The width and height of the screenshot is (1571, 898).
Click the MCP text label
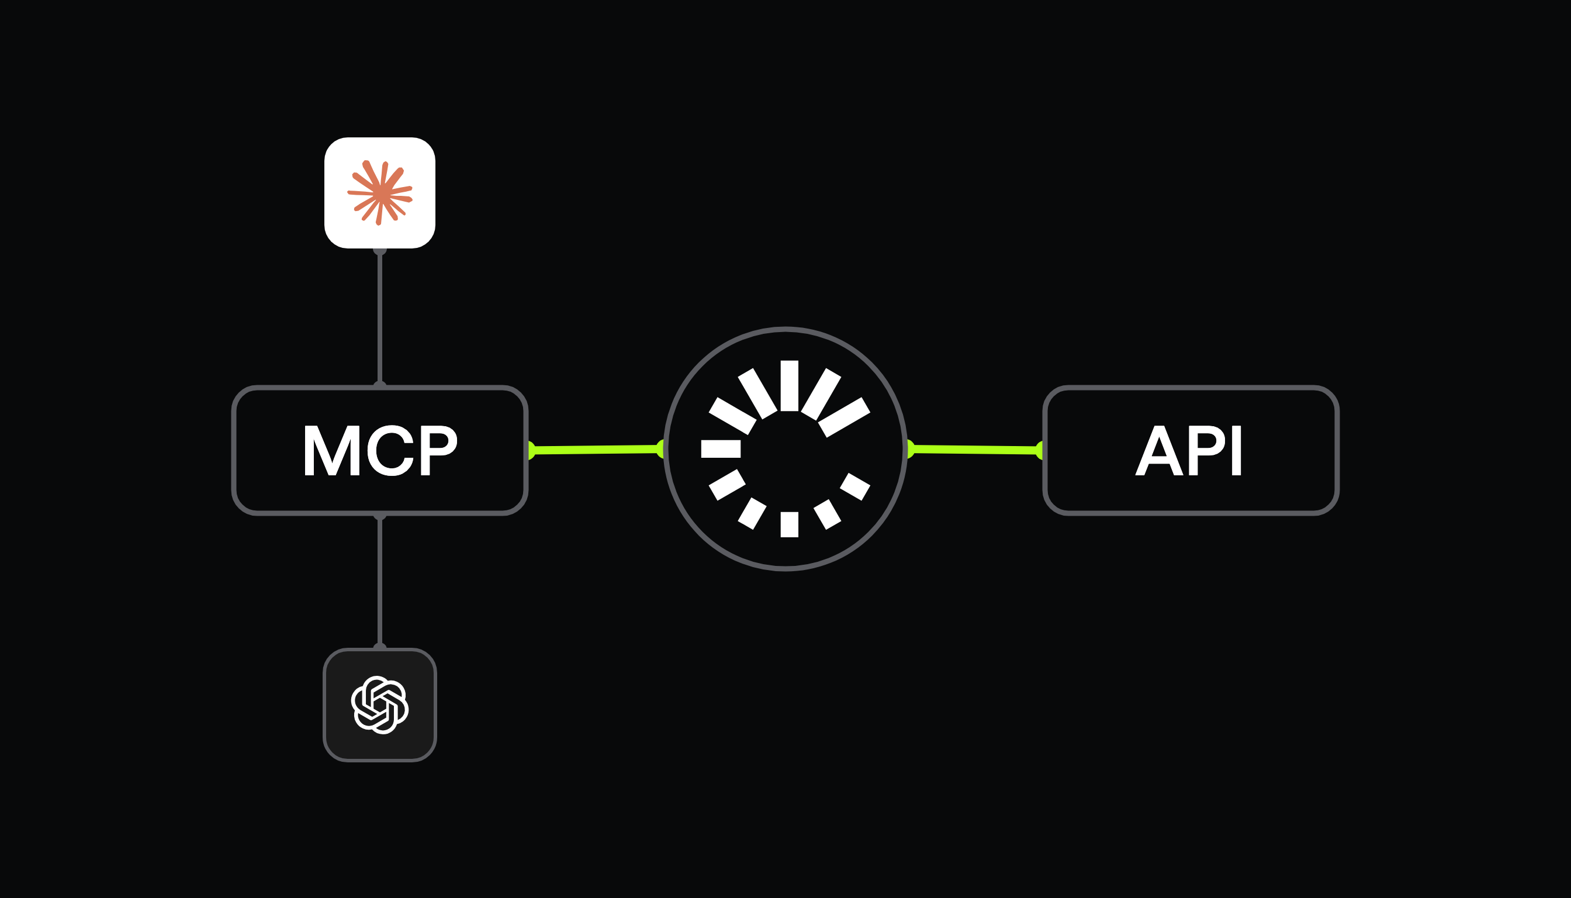(380, 450)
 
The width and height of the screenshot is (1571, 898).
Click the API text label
(1189, 450)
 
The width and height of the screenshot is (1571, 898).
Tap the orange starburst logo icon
(380, 193)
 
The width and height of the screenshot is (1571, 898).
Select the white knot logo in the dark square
(380, 705)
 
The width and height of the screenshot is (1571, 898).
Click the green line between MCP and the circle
(596, 450)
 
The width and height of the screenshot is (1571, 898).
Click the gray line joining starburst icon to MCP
(380, 317)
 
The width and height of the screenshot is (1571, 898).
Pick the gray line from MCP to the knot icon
(380, 581)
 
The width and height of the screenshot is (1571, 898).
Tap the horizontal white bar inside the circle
(721, 449)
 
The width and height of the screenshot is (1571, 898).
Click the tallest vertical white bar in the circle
(789, 385)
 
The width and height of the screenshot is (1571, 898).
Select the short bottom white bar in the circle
(789, 524)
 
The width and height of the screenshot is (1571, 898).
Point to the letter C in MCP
(391, 450)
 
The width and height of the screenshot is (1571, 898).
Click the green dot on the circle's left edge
(661, 449)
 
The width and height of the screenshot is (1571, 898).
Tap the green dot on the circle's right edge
(910, 449)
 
